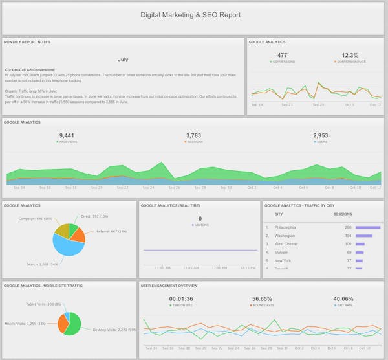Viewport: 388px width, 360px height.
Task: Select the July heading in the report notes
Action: pos(123,59)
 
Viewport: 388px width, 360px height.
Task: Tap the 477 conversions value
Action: pos(282,55)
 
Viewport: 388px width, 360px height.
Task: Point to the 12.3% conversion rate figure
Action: pos(349,55)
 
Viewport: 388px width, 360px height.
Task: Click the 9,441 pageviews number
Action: pos(68,135)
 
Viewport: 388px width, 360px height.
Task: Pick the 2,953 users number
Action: pos(321,135)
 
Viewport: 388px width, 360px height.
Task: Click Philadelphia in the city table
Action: pos(285,227)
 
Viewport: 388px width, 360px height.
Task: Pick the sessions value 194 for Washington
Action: pos(347,236)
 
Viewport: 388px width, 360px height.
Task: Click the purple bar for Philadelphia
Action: pos(368,227)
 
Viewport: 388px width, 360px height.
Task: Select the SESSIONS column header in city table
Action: pos(342,214)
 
